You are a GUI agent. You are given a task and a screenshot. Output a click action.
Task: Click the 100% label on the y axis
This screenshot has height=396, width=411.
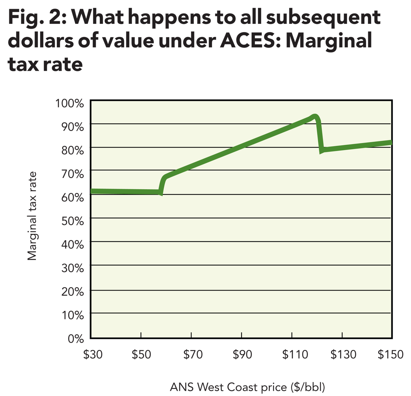pyautogui.click(x=69, y=103)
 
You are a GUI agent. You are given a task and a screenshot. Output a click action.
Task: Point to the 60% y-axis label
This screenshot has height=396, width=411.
pyautogui.click(x=72, y=197)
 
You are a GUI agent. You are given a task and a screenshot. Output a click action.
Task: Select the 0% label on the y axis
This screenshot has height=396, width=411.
pyautogui.click(x=76, y=339)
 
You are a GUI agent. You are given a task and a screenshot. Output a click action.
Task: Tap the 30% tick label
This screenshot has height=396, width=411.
pyautogui.click(x=72, y=268)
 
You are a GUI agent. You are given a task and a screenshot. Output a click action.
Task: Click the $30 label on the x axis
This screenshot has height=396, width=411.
pyautogui.click(x=93, y=354)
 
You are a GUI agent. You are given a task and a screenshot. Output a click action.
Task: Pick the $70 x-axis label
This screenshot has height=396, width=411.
pyautogui.click(x=193, y=354)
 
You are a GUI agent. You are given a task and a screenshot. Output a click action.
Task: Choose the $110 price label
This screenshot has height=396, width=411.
pyautogui.click(x=295, y=354)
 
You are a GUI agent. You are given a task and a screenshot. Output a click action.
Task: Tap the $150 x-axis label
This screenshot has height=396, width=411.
pyautogui.click(x=390, y=354)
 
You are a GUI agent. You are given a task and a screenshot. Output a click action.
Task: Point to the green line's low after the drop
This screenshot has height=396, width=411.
pyautogui.click(x=322, y=151)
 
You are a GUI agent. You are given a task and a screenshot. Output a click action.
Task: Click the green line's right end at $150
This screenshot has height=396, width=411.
pyautogui.click(x=391, y=143)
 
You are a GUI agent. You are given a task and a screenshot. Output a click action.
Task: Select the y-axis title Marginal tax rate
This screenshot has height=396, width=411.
pyautogui.click(x=33, y=216)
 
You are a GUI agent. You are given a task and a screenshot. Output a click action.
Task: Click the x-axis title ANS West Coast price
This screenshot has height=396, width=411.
pyautogui.click(x=247, y=387)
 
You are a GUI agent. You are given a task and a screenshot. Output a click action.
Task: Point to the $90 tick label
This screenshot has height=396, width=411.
pyautogui.click(x=242, y=354)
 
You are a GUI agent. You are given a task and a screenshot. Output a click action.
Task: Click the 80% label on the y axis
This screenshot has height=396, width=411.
pyautogui.click(x=72, y=150)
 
